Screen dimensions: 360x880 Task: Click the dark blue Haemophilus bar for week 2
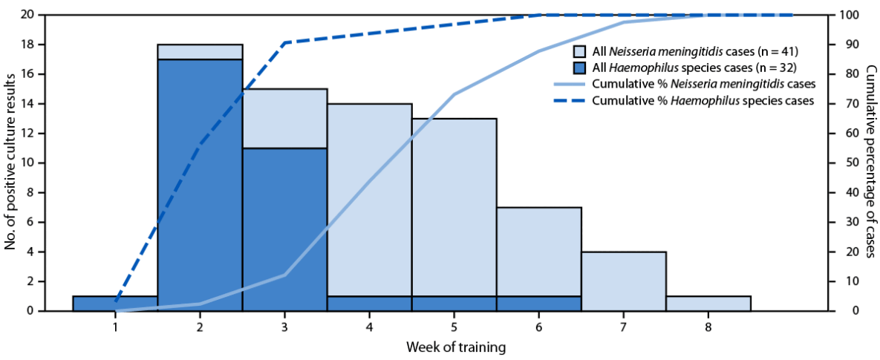tap(200, 186)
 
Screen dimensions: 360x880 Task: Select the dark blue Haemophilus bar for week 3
tap(284, 229)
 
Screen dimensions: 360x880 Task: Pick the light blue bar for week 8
tap(708, 303)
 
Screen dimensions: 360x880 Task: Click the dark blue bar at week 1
tap(115, 303)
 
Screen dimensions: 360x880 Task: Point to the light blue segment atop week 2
tap(200, 52)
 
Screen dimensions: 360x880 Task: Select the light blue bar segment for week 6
tap(538, 252)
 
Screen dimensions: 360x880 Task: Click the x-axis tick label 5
tap(454, 327)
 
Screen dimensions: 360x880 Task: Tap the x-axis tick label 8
tap(708, 327)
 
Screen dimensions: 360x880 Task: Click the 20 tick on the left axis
tap(27, 15)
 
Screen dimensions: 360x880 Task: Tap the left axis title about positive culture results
tap(10, 163)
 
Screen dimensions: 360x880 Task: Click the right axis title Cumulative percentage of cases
tap(870, 162)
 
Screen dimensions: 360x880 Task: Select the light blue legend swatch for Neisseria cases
tap(581, 52)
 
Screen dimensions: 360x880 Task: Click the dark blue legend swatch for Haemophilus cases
tap(581, 68)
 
